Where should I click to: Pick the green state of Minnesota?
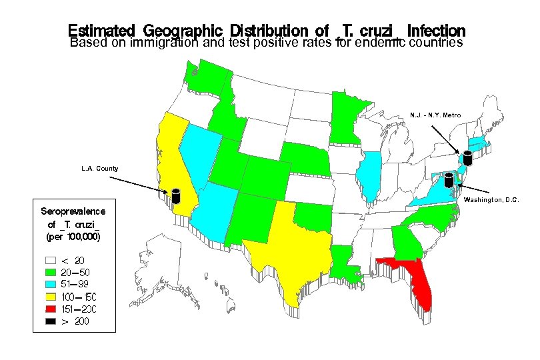(x=347, y=117)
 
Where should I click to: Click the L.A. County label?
(x=99, y=169)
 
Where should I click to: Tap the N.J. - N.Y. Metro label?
(x=435, y=115)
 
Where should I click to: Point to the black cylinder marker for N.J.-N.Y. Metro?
(x=467, y=158)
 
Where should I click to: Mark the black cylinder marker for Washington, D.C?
(x=449, y=179)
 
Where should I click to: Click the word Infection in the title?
(x=436, y=31)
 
